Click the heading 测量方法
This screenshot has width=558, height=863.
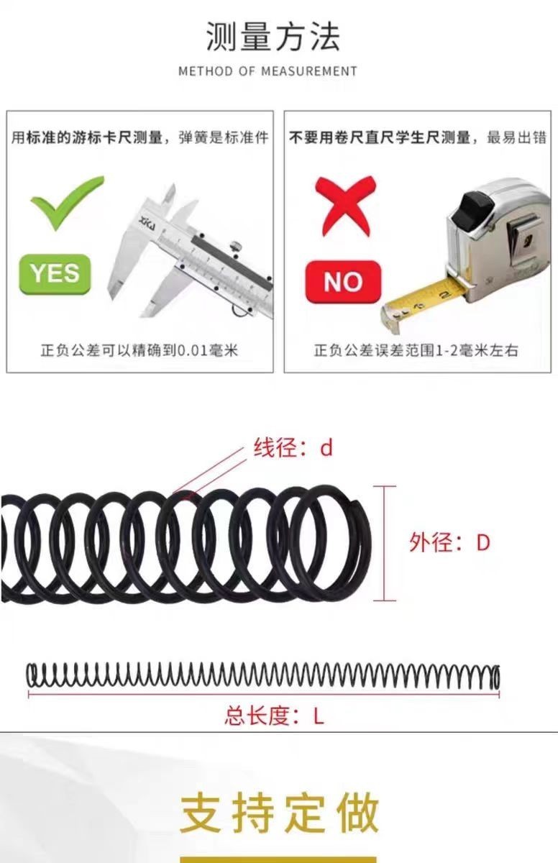click(273, 37)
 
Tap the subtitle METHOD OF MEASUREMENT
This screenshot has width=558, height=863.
click(267, 71)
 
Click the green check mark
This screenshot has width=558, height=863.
click(66, 201)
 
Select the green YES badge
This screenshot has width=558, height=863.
click(55, 273)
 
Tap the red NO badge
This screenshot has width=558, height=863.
click(343, 282)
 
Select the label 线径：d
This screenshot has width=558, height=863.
click(293, 448)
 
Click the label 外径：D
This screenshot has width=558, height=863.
click(449, 542)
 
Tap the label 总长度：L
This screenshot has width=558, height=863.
click(274, 716)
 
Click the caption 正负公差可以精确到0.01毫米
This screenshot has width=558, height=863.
click(139, 351)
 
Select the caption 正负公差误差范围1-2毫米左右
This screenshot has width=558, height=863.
click(416, 351)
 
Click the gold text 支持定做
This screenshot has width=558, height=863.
click(279, 813)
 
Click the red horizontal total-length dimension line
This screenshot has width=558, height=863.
click(263, 695)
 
